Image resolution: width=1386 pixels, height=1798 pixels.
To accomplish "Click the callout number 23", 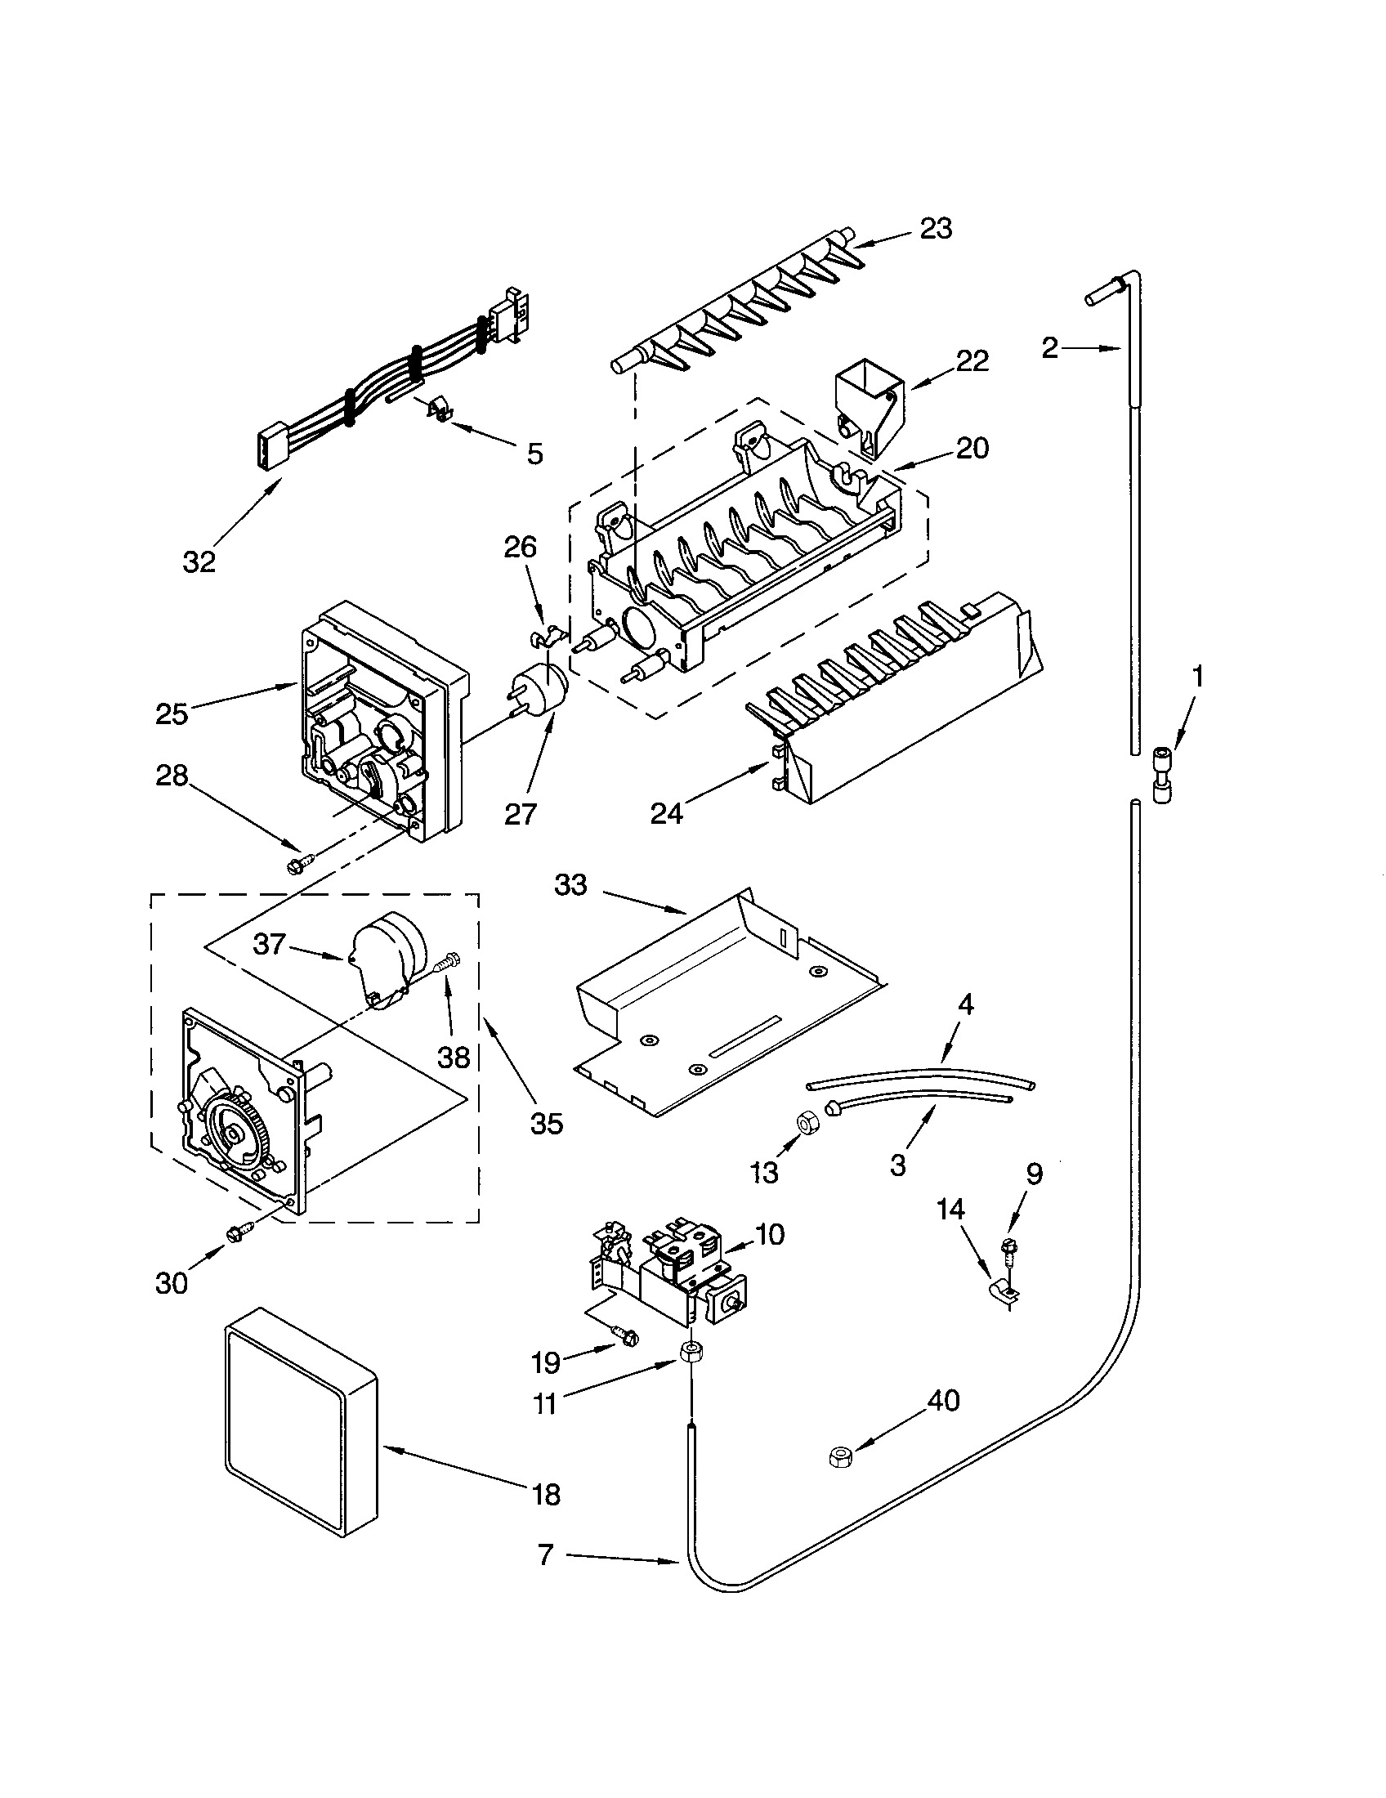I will pyautogui.click(x=936, y=228).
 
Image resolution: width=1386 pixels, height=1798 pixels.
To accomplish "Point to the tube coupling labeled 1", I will pyautogui.click(x=1160, y=774).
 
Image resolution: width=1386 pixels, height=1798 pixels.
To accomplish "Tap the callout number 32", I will pyautogui.click(x=199, y=561).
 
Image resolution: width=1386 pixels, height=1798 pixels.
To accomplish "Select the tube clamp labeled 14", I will pyautogui.click(x=1003, y=1296).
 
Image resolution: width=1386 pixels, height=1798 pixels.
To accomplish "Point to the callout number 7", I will pyautogui.click(x=546, y=1554).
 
